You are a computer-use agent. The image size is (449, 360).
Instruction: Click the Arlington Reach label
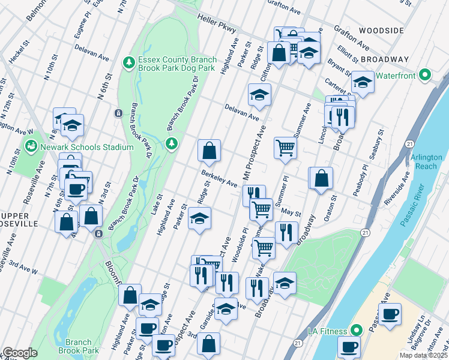pyautogui.click(x=426, y=161)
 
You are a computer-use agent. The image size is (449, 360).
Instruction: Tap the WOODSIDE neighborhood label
pyautogui.click(x=381, y=30)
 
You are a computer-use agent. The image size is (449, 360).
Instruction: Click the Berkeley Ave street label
pyautogui.click(x=219, y=179)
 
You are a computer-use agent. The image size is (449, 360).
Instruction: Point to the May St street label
pyautogui.click(x=291, y=213)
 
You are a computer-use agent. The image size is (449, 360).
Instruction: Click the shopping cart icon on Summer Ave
pyautogui.click(x=286, y=148)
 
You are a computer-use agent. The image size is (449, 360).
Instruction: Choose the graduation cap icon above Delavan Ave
pyautogui.click(x=259, y=95)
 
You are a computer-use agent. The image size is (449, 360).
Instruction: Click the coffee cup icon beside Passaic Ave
pyautogui.click(x=390, y=314)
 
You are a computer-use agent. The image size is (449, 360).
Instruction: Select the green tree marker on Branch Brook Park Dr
pyautogui.click(x=172, y=143)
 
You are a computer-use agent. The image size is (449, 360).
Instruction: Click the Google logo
pyautogui.click(x=20, y=353)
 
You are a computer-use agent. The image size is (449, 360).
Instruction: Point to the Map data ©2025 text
pyautogui.click(x=423, y=355)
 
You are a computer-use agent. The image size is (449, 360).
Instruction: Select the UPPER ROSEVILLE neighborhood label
pyautogui.click(x=19, y=219)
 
